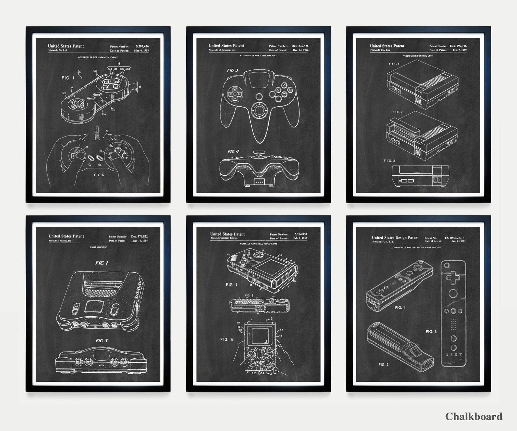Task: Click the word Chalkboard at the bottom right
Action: click(474, 416)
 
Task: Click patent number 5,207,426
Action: click(142, 47)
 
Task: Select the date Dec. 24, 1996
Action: click(300, 50)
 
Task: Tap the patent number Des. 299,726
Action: click(458, 46)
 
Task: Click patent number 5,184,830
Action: click(300, 234)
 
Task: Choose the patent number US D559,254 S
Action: click(454, 238)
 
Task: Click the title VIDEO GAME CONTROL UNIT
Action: click(418, 56)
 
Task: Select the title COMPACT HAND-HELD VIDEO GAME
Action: click(258, 244)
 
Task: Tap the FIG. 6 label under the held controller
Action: click(99, 175)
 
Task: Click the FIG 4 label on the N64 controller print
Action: click(233, 151)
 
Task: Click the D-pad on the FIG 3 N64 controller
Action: click(235, 94)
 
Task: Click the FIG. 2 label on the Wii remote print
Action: click(384, 365)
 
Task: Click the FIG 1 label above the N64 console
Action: click(102, 263)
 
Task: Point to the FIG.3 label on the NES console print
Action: click(389, 161)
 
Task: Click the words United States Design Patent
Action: click(395, 238)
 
